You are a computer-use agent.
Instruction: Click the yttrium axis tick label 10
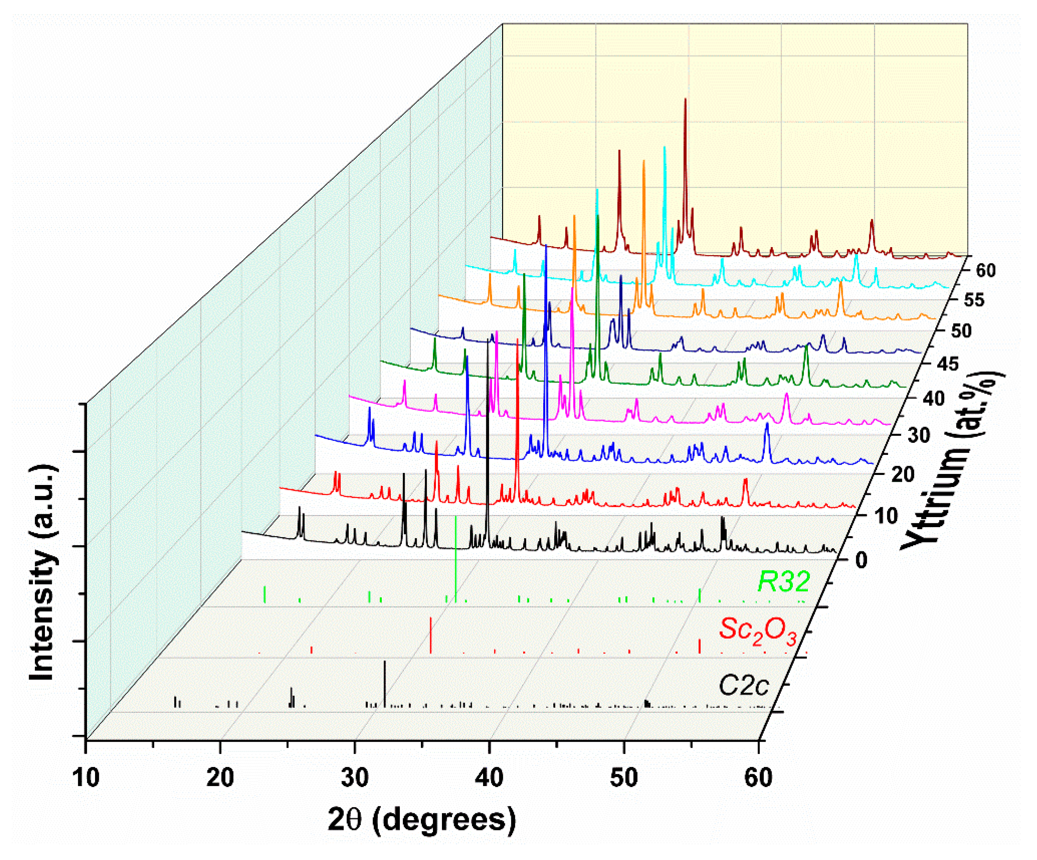pyautogui.click(x=885, y=516)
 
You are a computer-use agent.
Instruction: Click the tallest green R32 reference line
pyautogui.click(x=455, y=558)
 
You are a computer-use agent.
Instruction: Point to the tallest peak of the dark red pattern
pyautogui.click(x=685, y=101)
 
